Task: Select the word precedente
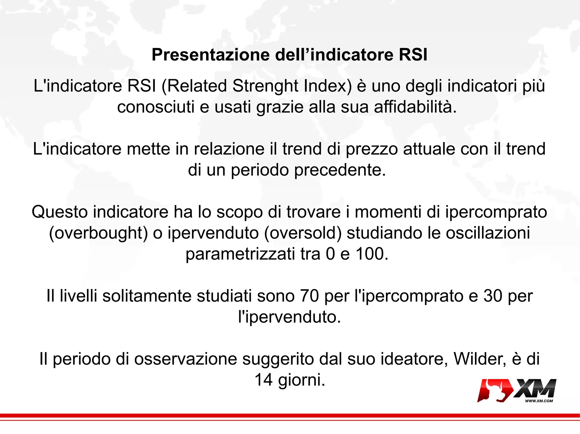340,170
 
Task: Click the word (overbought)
99,233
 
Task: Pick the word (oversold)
303,233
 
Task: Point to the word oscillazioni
488,233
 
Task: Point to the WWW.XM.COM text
539,401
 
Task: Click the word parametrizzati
240,254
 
